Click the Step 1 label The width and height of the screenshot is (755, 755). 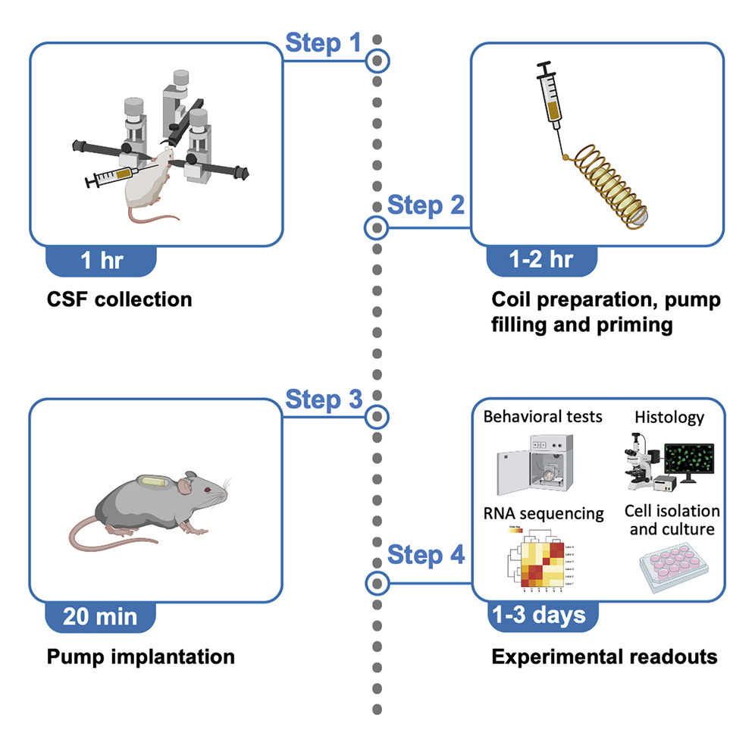point(323,43)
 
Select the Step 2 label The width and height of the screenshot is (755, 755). point(425,205)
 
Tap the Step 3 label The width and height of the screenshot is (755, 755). point(323,399)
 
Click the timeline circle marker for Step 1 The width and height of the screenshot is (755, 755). point(377,60)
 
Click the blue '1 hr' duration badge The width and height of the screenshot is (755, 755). point(102,262)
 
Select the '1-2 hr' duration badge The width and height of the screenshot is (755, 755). point(541,259)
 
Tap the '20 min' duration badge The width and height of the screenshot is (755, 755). point(102,616)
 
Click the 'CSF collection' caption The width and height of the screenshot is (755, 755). point(119,299)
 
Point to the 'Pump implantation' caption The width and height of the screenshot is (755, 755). point(140,655)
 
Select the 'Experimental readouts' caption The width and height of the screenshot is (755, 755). point(604,656)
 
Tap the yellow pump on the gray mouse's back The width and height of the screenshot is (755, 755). point(155,481)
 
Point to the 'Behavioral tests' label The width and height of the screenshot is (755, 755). point(543,416)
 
